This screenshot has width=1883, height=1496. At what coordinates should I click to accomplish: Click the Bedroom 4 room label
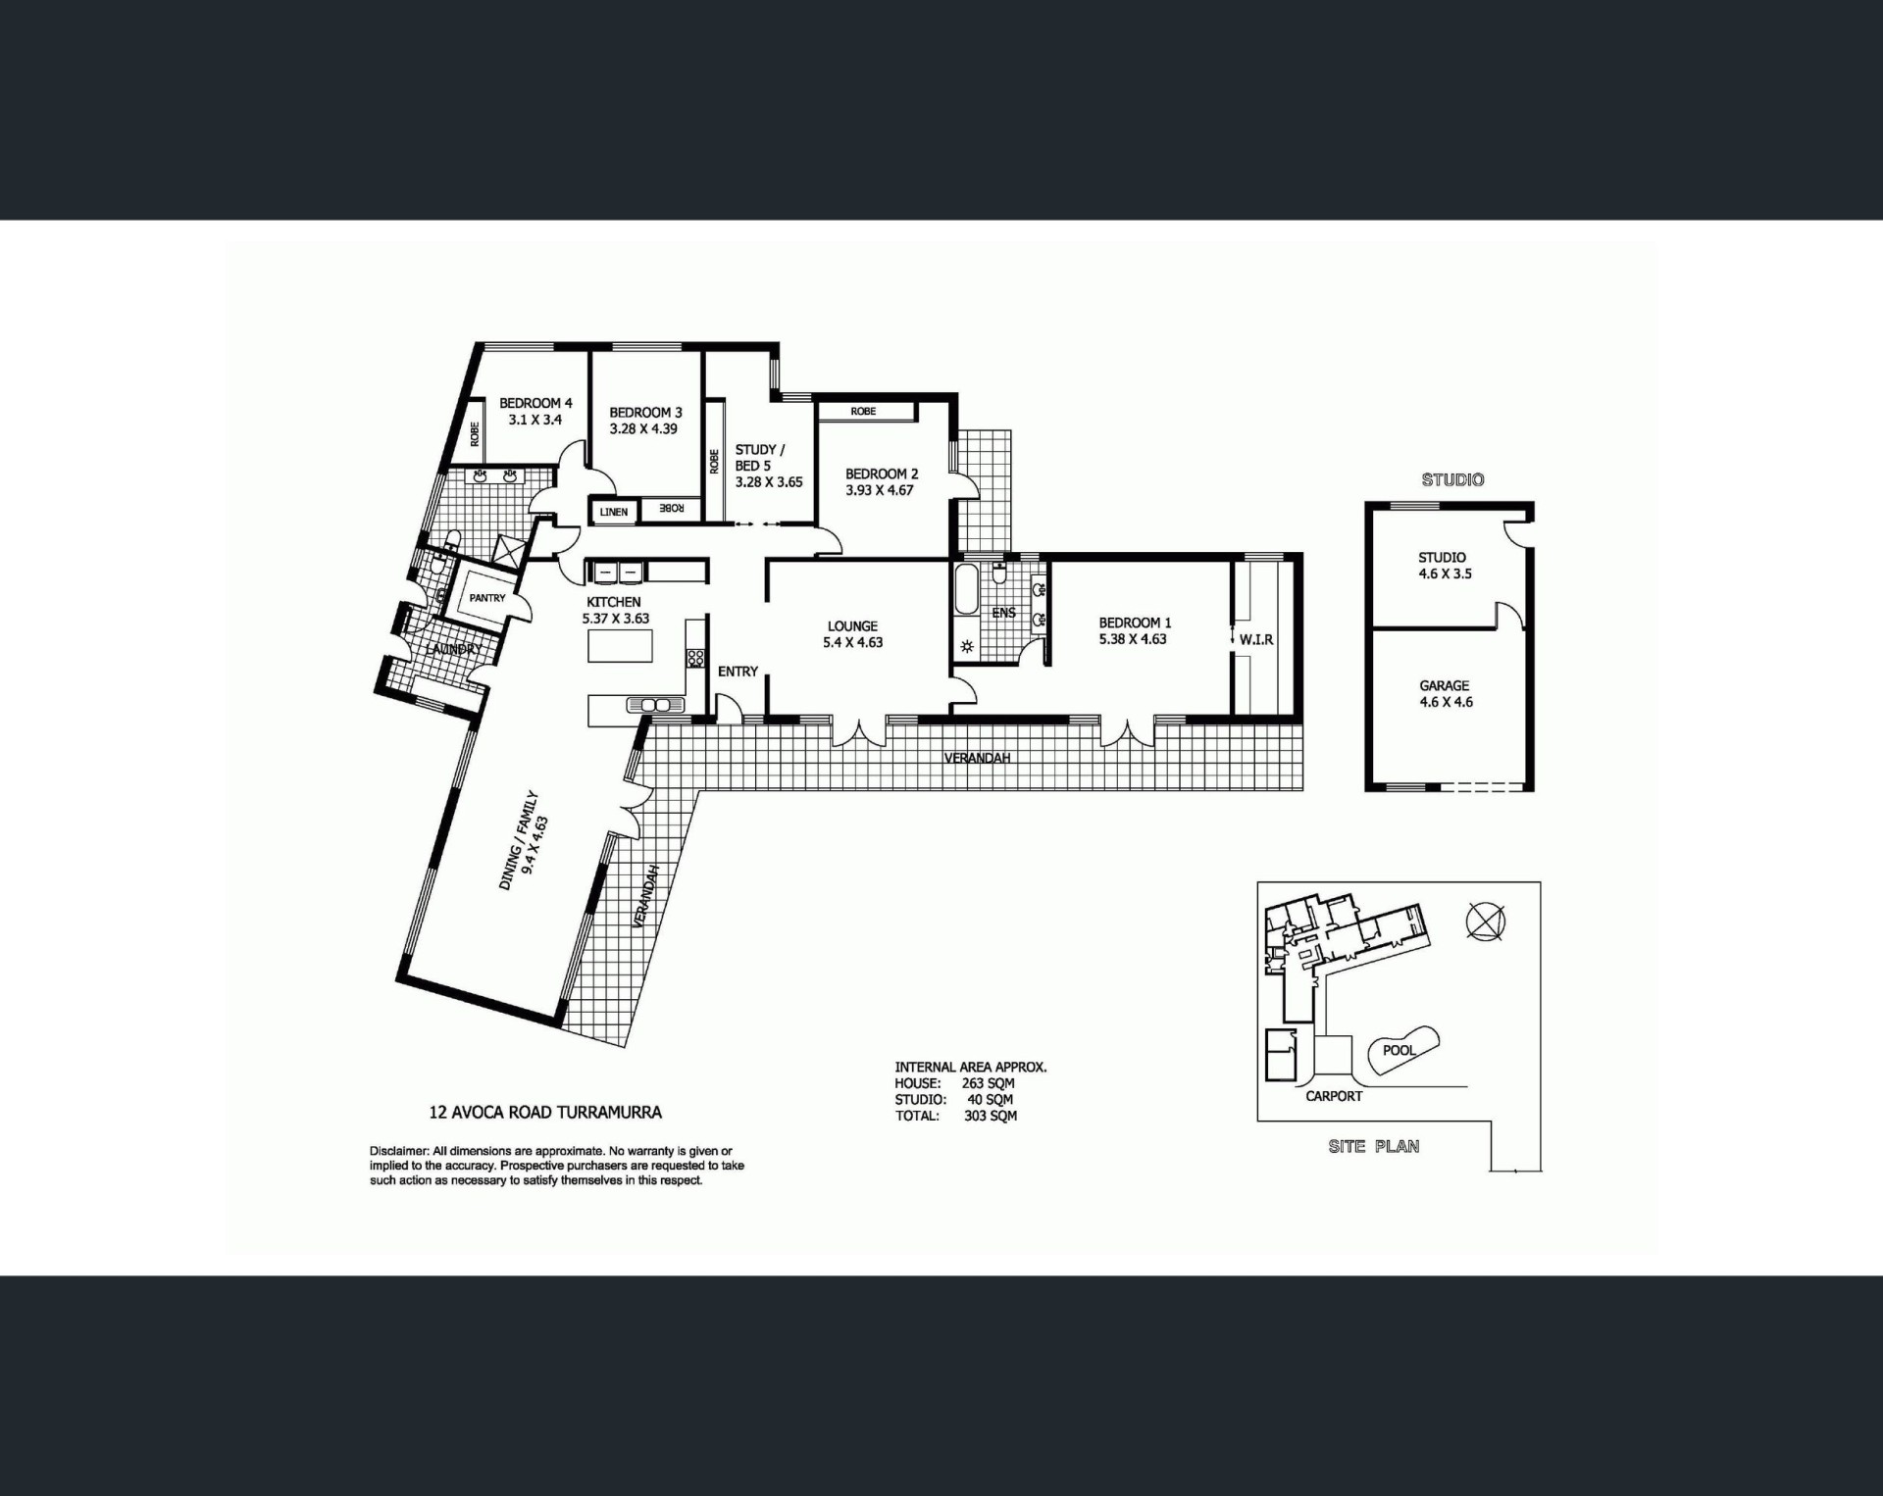point(535,403)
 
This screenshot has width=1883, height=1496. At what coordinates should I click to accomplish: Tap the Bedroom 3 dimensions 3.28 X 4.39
point(643,428)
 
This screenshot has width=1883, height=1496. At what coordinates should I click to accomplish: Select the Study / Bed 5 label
point(760,458)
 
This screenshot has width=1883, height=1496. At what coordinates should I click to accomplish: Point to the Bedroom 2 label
point(882,474)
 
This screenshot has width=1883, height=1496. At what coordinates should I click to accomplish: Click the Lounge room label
point(852,625)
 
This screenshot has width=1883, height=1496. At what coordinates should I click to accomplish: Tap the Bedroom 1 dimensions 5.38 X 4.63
point(1133,639)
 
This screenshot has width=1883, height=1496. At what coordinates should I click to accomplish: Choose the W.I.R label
point(1256,639)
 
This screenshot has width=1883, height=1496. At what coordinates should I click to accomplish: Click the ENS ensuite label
point(1003,613)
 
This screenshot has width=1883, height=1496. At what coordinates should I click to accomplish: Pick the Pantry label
point(487,598)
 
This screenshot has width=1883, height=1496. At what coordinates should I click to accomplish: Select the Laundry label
point(454,649)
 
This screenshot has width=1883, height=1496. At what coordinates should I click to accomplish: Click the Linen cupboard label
point(614,512)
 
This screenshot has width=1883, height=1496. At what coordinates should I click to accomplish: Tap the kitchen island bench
point(620,646)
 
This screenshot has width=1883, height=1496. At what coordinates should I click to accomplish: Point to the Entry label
point(738,672)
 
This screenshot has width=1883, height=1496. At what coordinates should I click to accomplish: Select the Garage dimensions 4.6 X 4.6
point(1446,702)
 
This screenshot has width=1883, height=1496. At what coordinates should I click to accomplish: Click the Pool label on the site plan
point(1400,1050)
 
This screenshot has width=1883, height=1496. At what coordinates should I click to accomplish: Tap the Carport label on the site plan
point(1334,1096)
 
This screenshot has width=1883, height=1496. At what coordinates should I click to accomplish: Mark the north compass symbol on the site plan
point(1486,922)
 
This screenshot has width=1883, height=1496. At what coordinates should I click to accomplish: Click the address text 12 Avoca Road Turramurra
point(545,1112)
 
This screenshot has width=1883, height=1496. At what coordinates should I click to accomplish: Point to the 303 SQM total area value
point(991,1116)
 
